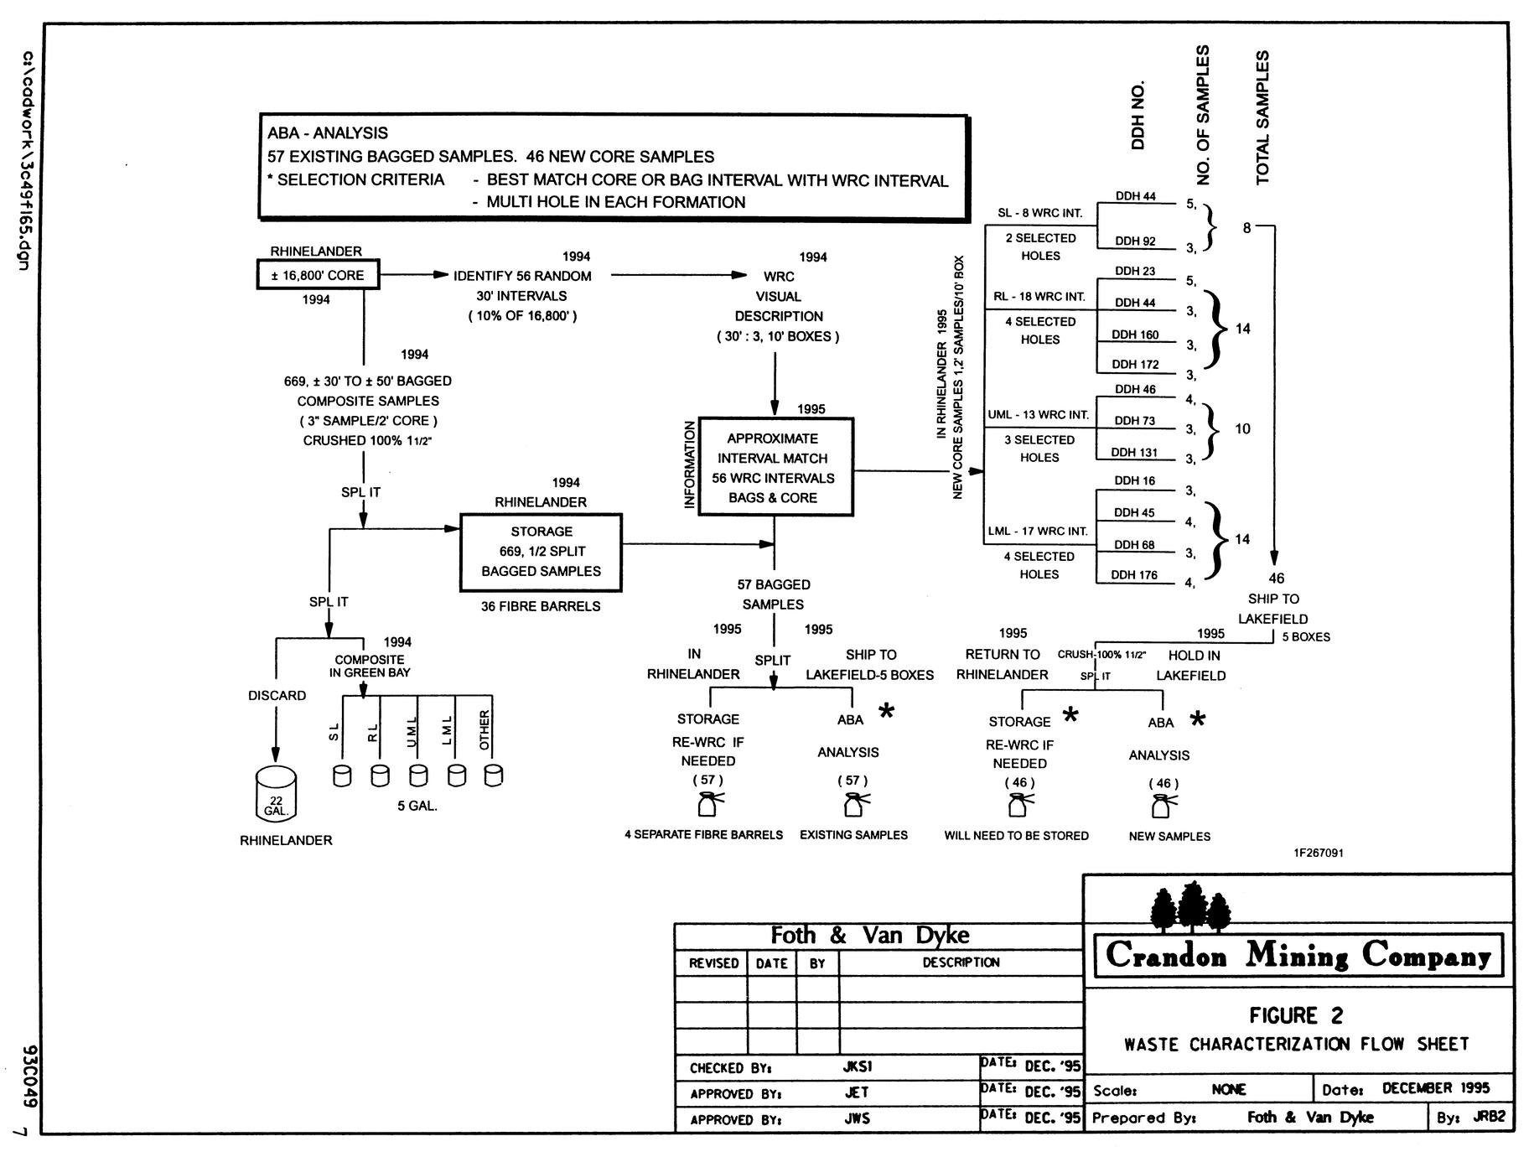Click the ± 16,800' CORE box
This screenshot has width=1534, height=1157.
coord(318,275)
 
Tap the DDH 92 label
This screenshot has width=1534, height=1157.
coord(1135,241)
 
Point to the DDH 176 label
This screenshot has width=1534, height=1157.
coord(1134,575)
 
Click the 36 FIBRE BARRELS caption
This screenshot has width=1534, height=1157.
coord(541,606)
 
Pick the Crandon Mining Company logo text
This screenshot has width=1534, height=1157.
coord(1298,955)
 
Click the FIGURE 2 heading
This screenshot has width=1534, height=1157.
coord(1296,1016)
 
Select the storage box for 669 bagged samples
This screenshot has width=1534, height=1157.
coord(542,552)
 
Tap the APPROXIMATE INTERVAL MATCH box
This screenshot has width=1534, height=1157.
coord(775,467)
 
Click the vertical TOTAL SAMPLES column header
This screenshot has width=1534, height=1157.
coord(1263,117)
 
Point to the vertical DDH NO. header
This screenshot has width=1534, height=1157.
coord(1138,116)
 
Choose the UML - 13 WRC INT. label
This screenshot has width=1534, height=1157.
coord(1038,415)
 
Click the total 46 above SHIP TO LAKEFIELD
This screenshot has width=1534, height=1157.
coord(1276,578)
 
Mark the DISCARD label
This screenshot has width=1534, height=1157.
coord(277,696)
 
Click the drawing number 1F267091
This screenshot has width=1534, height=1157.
coord(1319,853)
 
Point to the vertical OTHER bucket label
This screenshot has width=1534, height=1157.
coord(485,730)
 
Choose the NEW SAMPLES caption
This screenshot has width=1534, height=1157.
coord(1169,836)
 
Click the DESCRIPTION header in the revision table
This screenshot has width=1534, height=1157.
coord(961,962)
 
